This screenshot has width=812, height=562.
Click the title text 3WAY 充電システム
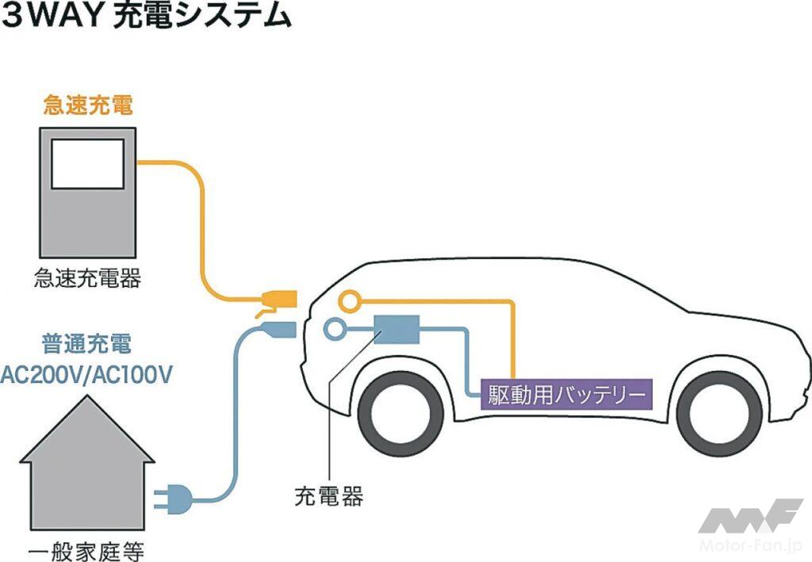click(147, 18)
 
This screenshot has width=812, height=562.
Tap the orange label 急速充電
click(87, 105)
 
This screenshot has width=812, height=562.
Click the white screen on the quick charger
click(87, 164)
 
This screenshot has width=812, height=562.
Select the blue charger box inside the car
click(396, 329)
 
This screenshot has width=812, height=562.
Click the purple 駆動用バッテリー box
click(567, 393)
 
